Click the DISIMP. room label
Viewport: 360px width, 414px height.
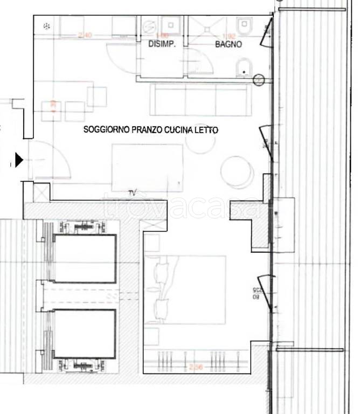pyautogui.click(x=162, y=45)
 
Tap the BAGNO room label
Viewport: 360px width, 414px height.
pyautogui.click(x=229, y=45)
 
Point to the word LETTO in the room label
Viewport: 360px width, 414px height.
pyautogui.click(x=210, y=130)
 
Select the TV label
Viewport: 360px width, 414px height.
pyautogui.click(x=132, y=193)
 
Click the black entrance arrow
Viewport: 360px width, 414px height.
pyautogui.click(x=19, y=160)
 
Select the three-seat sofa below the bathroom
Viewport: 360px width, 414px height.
pyautogui.click(x=200, y=100)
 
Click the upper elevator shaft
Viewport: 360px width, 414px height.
pyautogui.click(x=85, y=259)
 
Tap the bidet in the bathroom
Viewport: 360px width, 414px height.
pyautogui.click(x=244, y=67)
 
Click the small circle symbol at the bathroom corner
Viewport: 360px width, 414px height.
pyautogui.click(x=259, y=81)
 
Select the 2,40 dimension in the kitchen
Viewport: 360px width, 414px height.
pyautogui.click(x=85, y=36)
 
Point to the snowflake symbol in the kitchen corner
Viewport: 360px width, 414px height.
pyautogui.click(x=46, y=25)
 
